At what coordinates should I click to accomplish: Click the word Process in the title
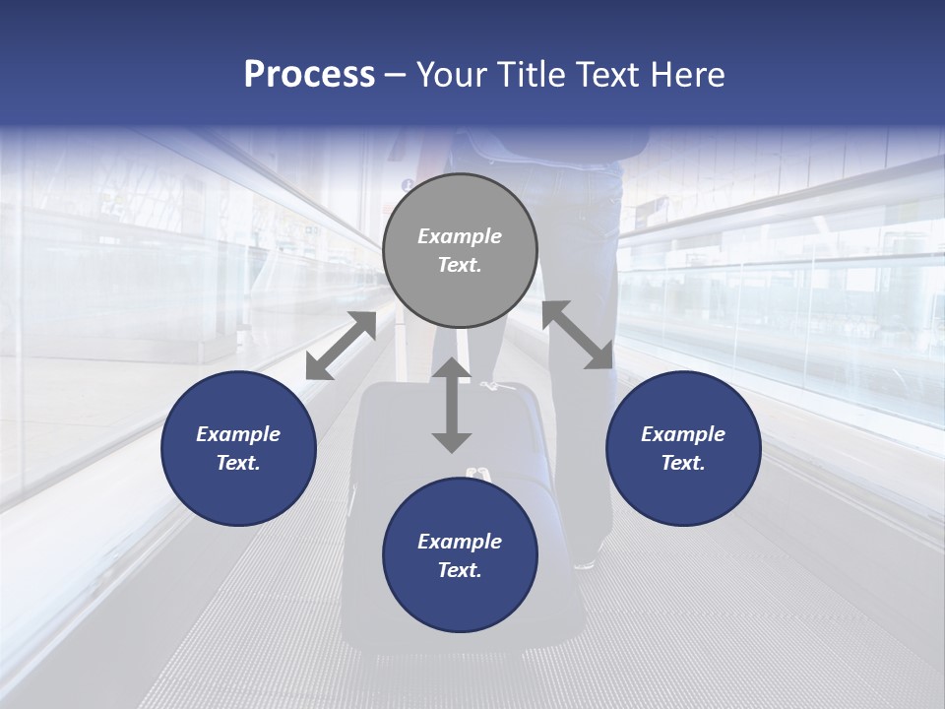click(x=309, y=75)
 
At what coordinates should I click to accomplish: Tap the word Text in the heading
click(x=606, y=75)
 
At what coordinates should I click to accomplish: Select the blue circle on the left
click(x=238, y=448)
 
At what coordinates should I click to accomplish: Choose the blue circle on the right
click(x=683, y=448)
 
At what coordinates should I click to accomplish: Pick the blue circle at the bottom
click(x=460, y=555)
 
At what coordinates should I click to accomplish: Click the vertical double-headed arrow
click(x=452, y=405)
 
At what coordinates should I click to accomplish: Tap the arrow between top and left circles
click(x=341, y=346)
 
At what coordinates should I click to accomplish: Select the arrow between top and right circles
click(x=577, y=335)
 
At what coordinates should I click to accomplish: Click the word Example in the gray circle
click(x=460, y=236)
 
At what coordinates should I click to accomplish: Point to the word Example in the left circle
click(x=238, y=434)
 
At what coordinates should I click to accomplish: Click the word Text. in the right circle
click(x=683, y=463)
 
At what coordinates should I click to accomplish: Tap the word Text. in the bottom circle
click(x=460, y=570)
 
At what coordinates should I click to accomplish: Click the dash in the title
click(x=396, y=75)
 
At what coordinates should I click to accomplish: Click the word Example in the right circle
click(x=683, y=434)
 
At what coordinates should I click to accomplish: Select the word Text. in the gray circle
click(x=460, y=265)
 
